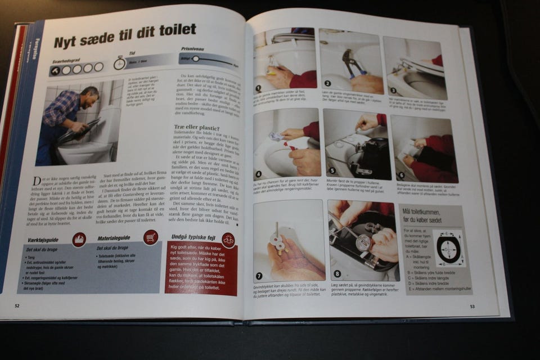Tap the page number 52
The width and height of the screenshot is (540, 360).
pos(17,305)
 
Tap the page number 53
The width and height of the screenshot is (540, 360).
pos(473,307)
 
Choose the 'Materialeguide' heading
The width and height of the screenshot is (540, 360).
pos(114,238)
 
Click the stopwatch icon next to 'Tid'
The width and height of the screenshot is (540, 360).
pos(119,63)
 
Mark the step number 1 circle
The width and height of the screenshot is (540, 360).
pos(258,88)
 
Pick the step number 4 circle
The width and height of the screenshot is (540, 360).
pos(259,175)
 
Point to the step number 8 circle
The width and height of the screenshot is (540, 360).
pos(337,274)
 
